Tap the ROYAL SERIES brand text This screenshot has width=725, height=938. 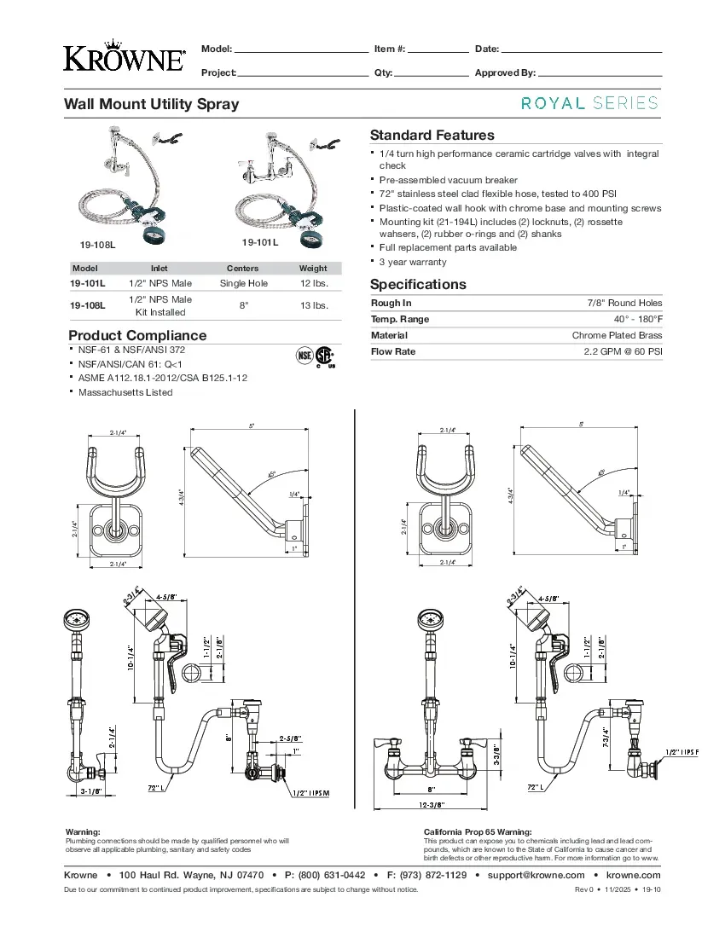590,103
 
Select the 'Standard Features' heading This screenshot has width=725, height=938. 432,135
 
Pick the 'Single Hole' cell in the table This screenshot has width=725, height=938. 243,283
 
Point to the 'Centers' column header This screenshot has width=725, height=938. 243,268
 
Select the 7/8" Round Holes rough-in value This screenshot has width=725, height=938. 624,303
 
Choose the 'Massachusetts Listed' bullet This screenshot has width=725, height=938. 125,392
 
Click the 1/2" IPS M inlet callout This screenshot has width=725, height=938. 310,793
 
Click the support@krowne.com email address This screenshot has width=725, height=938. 536,875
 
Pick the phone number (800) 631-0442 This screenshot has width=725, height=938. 332,875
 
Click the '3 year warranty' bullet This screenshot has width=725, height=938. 413,262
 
